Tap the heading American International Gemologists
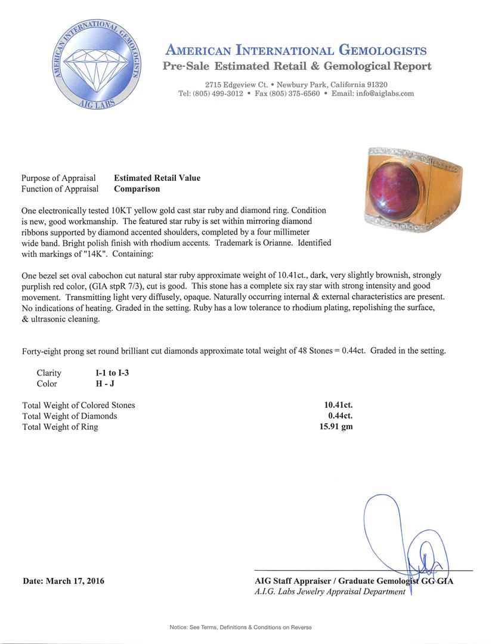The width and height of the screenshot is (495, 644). point(296,50)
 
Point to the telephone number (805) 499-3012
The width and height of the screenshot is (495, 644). point(219,94)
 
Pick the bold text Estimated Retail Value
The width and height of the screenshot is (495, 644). point(157,178)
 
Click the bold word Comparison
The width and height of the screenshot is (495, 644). point(137,189)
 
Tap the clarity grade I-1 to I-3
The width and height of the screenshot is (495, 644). point(108,373)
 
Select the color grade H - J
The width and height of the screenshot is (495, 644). point(97,383)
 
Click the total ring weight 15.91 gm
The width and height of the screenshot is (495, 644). point(336,426)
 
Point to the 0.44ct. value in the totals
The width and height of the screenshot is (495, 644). point(340,416)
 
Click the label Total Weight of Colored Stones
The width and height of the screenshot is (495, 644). point(79,405)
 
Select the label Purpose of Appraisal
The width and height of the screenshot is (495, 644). point(58,178)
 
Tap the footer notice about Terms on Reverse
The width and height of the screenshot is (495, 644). point(240,627)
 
